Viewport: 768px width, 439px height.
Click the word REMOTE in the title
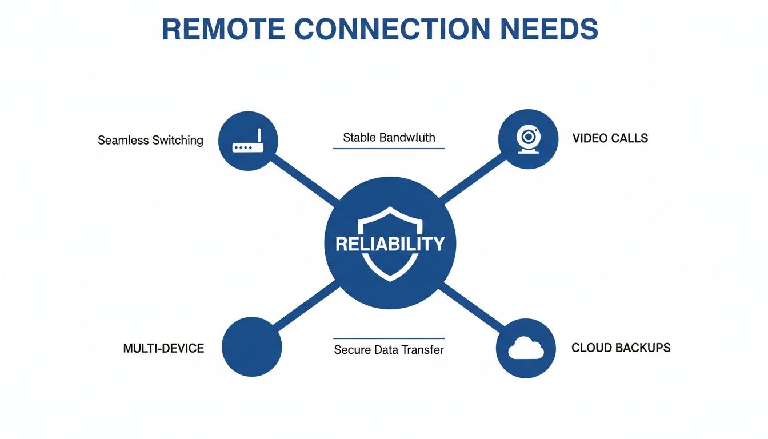(x=222, y=29)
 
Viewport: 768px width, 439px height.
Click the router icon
(x=247, y=141)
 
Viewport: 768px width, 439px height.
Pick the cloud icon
(x=526, y=348)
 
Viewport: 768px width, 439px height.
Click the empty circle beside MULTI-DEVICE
(x=251, y=348)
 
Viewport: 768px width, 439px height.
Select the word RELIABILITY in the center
(x=390, y=244)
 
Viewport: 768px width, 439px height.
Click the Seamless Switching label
(x=150, y=140)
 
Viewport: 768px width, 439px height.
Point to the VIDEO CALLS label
(x=610, y=138)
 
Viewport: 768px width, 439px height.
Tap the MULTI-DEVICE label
(x=163, y=348)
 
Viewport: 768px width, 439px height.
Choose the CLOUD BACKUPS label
(x=621, y=348)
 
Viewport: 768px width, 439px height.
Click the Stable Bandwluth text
(x=389, y=137)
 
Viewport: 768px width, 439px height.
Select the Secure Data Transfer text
(x=389, y=349)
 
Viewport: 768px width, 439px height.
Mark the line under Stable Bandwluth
(x=389, y=149)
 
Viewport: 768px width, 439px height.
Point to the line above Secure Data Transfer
(x=389, y=338)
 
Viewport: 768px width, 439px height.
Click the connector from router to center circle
(x=306, y=181)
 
